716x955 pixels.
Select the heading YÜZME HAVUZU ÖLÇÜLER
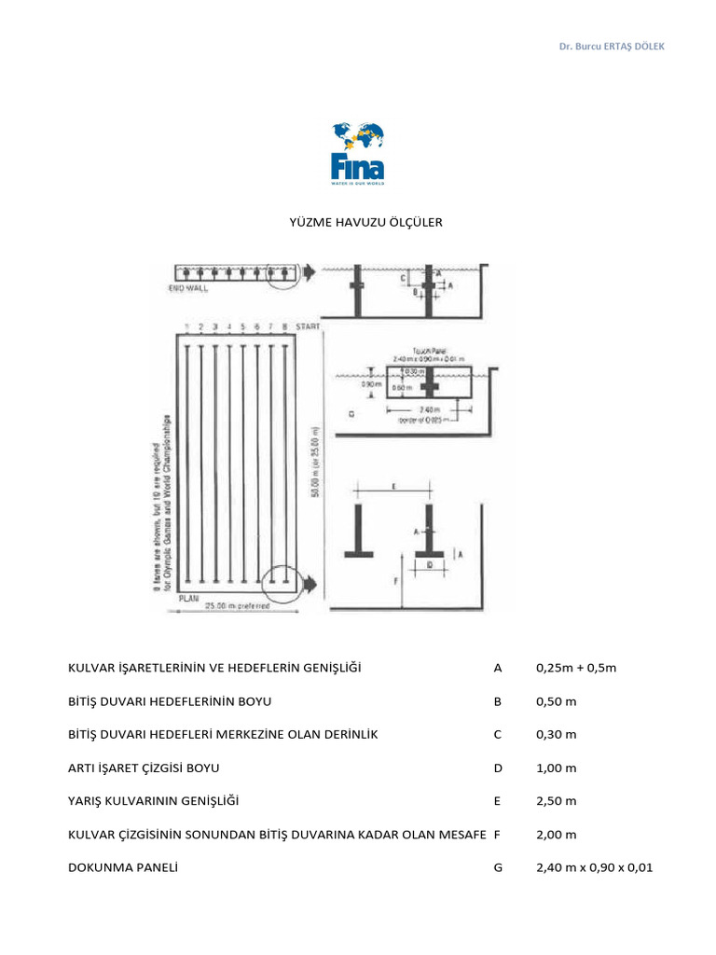point(357,223)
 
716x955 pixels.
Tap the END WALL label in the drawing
point(188,289)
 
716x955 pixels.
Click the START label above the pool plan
point(308,326)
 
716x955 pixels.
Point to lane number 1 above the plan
point(188,326)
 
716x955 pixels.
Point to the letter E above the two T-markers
point(394,486)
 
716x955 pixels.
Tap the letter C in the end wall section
point(403,278)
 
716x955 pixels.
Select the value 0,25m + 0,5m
point(577,668)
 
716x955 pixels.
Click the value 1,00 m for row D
point(557,768)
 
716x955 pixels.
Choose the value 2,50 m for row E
point(557,801)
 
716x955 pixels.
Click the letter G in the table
point(498,867)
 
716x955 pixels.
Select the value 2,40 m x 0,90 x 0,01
point(595,867)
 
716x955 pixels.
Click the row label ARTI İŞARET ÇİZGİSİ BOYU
point(145,768)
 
